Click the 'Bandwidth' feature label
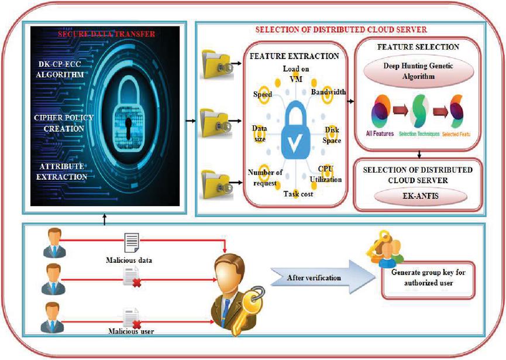click(328, 92)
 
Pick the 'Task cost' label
click(298, 193)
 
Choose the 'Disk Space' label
click(333, 136)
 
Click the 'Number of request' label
click(266, 176)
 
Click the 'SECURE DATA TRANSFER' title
click(106, 35)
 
